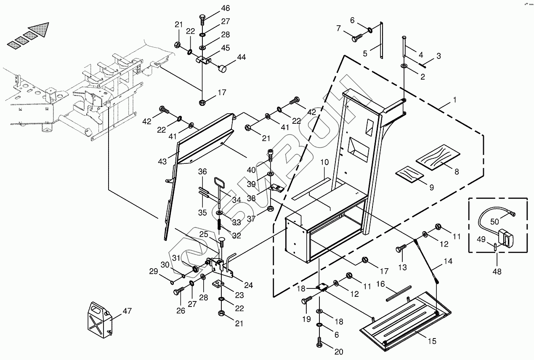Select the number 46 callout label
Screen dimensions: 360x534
[x=226, y=8]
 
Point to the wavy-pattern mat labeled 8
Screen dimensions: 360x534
[x=438, y=157]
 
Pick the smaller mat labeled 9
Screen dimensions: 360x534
[x=409, y=173]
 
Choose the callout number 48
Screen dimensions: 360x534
[x=497, y=272]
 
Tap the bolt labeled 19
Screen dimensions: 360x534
[x=306, y=300]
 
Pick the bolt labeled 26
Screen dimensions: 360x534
[x=178, y=291]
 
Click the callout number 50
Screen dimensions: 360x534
[x=494, y=222]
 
